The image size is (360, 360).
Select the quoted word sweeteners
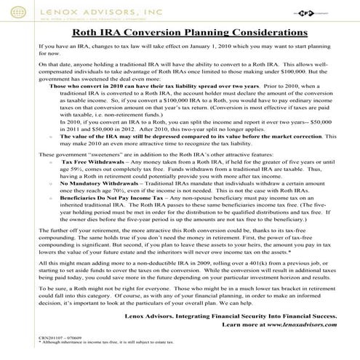(99, 174)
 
